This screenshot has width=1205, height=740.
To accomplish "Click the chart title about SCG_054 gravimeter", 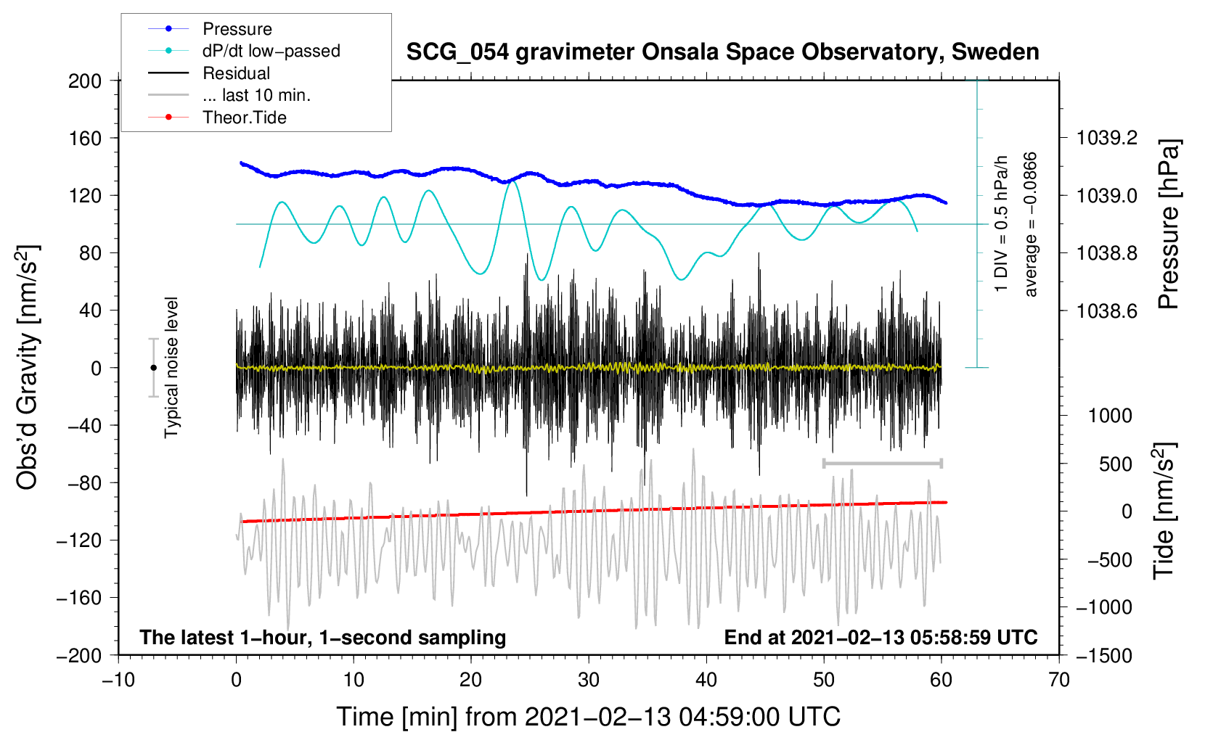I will pyautogui.click(x=722, y=52).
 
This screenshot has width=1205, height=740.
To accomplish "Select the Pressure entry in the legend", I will pyautogui.click(x=237, y=29).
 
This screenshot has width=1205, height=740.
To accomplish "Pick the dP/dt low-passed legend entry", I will pyautogui.click(x=271, y=51).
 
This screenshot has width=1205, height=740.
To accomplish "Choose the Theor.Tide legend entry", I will pyautogui.click(x=244, y=118).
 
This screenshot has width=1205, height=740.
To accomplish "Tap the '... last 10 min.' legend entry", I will pyautogui.click(x=256, y=95).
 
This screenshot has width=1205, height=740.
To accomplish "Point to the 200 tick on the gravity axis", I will pyautogui.click(x=85, y=81).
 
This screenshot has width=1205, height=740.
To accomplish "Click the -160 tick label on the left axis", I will pyautogui.click(x=81, y=598).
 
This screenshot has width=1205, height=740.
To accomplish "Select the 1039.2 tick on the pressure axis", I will pyautogui.click(x=1106, y=138).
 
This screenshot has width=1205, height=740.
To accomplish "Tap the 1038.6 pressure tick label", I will pyautogui.click(x=1106, y=311).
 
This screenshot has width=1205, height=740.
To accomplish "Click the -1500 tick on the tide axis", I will pyautogui.click(x=1104, y=656).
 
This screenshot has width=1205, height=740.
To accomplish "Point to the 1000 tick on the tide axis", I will pyautogui.click(x=1110, y=416).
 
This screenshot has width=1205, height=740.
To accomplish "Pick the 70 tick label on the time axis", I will pyautogui.click(x=1059, y=681).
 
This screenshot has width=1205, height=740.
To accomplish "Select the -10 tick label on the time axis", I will pyautogui.click(x=118, y=681).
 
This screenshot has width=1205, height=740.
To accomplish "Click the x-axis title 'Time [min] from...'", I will pyautogui.click(x=588, y=717).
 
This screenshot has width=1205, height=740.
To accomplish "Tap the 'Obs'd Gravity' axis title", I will pyautogui.click(x=28, y=368).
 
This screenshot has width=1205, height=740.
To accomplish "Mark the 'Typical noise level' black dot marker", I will pyautogui.click(x=153, y=368).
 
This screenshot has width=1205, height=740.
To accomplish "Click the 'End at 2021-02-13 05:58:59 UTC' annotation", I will pyautogui.click(x=881, y=637).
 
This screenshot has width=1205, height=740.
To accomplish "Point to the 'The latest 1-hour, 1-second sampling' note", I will pyautogui.click(x=322, y=637).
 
